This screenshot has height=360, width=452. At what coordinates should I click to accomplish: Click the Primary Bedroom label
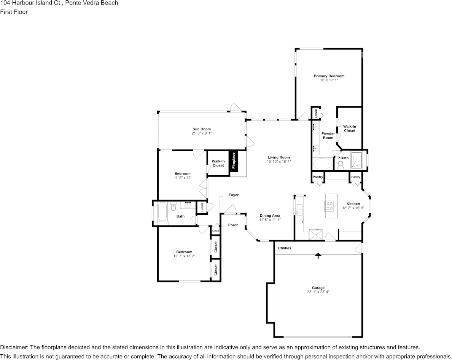pyautogui.click(x=329, y=76)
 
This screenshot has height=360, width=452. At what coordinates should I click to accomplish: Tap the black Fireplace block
pyautogui.click(x=234, y=161)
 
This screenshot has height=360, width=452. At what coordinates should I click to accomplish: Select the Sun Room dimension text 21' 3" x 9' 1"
pyautogui.click(x=201, y=133)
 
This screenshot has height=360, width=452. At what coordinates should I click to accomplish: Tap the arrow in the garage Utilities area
pyautogui.click(x=318, y=256)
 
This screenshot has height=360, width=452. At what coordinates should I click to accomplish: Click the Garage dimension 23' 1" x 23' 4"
pyautogui.click(x=318, y=292)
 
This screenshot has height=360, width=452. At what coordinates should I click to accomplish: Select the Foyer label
pyautogui.click(x=234, y=195)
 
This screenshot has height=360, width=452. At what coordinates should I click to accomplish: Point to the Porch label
pyautogui.click(x=233, y=225)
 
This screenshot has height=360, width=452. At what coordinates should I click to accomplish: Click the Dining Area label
pyautogui.click(x=270, y=216)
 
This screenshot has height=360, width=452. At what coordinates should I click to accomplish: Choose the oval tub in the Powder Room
pyautogui.click(x=322, y=164)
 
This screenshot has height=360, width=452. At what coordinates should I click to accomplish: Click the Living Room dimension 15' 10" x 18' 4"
pyautogui.click(x=279, y=162)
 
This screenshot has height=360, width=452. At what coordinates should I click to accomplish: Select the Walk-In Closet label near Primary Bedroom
pyautogui.click(x=349, y=128)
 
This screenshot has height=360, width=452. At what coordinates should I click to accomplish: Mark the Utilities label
pyautogui.click(x=285, y=248)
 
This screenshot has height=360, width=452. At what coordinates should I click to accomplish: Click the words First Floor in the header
pyautogui.click(x=14, y=12)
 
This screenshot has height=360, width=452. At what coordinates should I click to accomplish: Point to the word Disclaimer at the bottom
pyautogui.click(x=14, y=347)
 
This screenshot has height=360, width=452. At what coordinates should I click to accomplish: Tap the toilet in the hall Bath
pyautogui.click(x=173, y=207)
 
